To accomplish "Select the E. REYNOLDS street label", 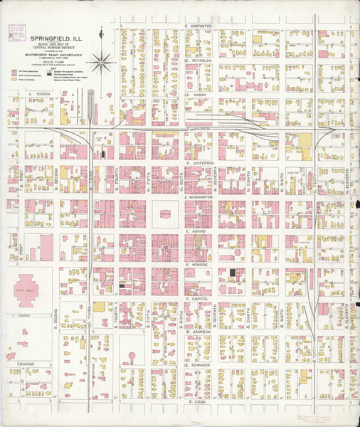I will click(196, 60).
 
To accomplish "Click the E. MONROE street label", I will click(196, 264).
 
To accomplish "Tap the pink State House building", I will click(28, 290).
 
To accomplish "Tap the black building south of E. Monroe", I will click(233, 272).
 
